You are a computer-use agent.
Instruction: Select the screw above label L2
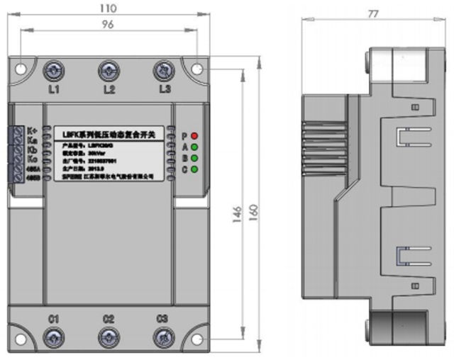coord(108,71)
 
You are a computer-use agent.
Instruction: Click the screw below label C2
coord(108,336)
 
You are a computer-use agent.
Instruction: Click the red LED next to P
coord(194,135)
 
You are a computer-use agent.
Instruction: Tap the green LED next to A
coord(194,147)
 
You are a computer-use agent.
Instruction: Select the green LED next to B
coord(194,158)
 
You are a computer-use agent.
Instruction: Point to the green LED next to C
coord(194,169)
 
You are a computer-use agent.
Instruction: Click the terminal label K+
coord(32,130)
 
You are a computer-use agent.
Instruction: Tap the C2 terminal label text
coord(108,319)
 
